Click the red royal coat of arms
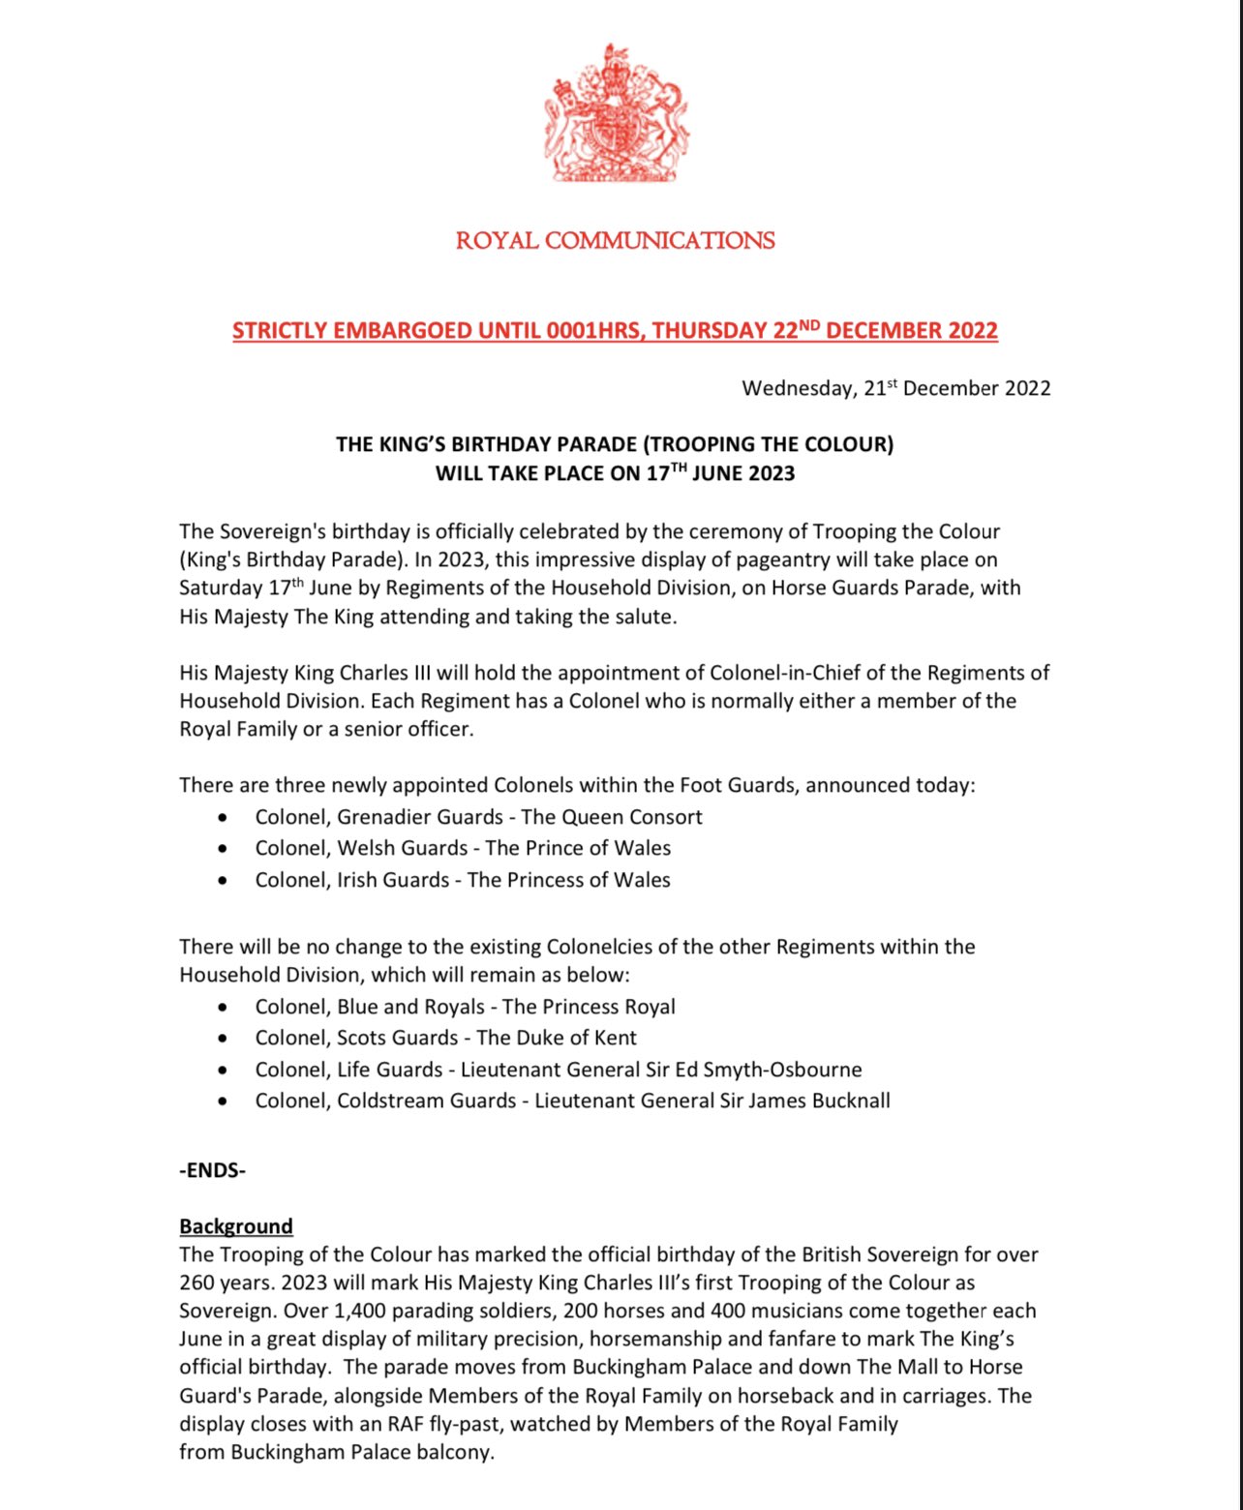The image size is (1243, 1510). point(615,113)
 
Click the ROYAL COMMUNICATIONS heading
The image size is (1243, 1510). point(615,240)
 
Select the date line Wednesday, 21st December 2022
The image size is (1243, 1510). point(895,388)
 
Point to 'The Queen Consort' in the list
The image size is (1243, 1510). point(611,817)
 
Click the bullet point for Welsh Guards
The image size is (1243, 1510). point(224,849)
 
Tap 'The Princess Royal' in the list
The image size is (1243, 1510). point(589,1007)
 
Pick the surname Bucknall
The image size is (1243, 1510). point(850,1101)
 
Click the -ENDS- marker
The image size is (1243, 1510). point(212,1170)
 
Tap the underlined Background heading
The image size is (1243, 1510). point(235,1226)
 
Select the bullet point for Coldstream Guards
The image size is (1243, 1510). point(224,1102)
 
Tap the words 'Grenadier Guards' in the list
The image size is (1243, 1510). point(419,817)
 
